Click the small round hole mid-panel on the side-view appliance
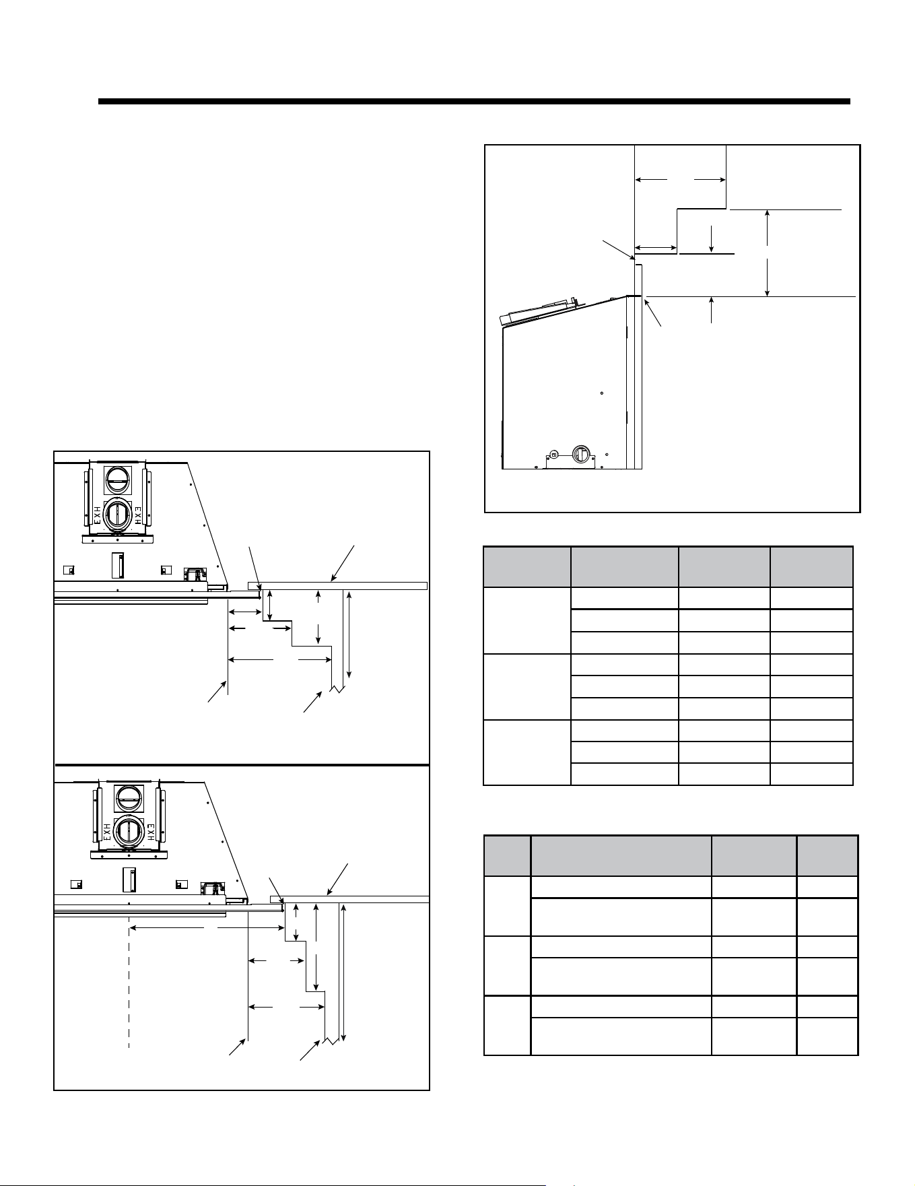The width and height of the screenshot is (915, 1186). pyautogui.click(x=601, y=393)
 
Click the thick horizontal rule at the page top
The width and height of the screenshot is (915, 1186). pyautogui.click(x=474, y=102)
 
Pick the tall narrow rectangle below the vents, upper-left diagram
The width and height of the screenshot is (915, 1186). pyautogui.click(x=118, y=564)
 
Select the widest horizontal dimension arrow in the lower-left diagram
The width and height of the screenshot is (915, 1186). pyautogui.click(x=207, y=928)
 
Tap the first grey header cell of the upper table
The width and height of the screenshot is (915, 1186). pyautogui.click(x=527, y=567)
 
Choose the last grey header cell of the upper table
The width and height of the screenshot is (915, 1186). pyautogui.click(x=811, y=567)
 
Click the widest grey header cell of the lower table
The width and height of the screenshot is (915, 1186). pyautogui.click(x=621, y=856)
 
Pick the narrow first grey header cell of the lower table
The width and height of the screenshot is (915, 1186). pyautogui.click(x=508, y=856)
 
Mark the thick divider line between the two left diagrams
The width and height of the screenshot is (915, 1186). pyautogui.click(x=242, y=765)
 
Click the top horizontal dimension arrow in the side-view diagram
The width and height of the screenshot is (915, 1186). pyautogui.click(x=680, y=180)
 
